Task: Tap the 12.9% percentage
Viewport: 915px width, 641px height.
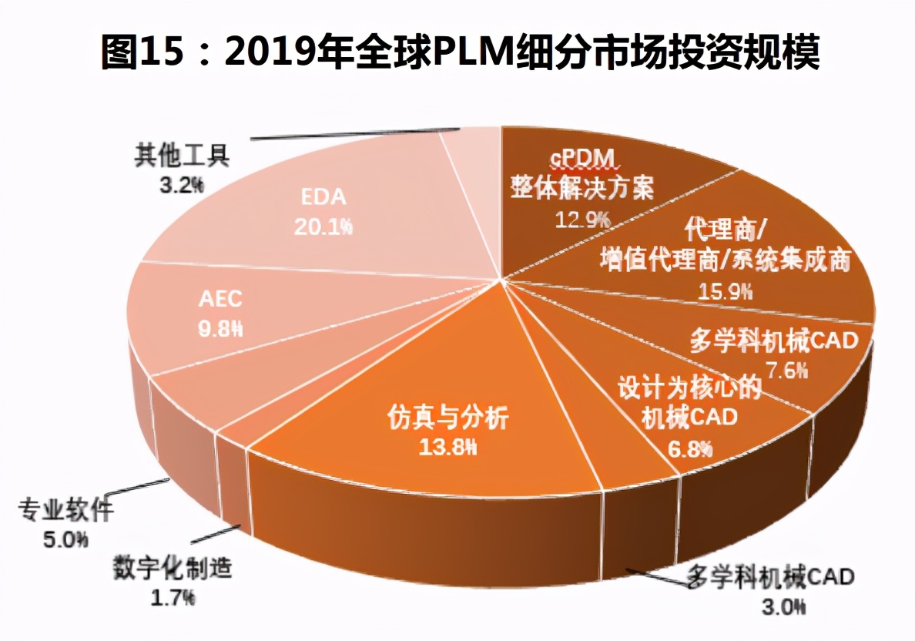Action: coord(583,220)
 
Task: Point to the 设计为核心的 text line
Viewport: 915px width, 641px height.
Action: coord(689,388)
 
